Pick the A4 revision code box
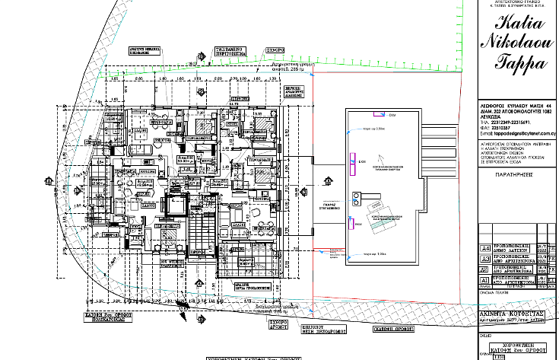point(484,248)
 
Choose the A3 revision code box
point(484,259)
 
